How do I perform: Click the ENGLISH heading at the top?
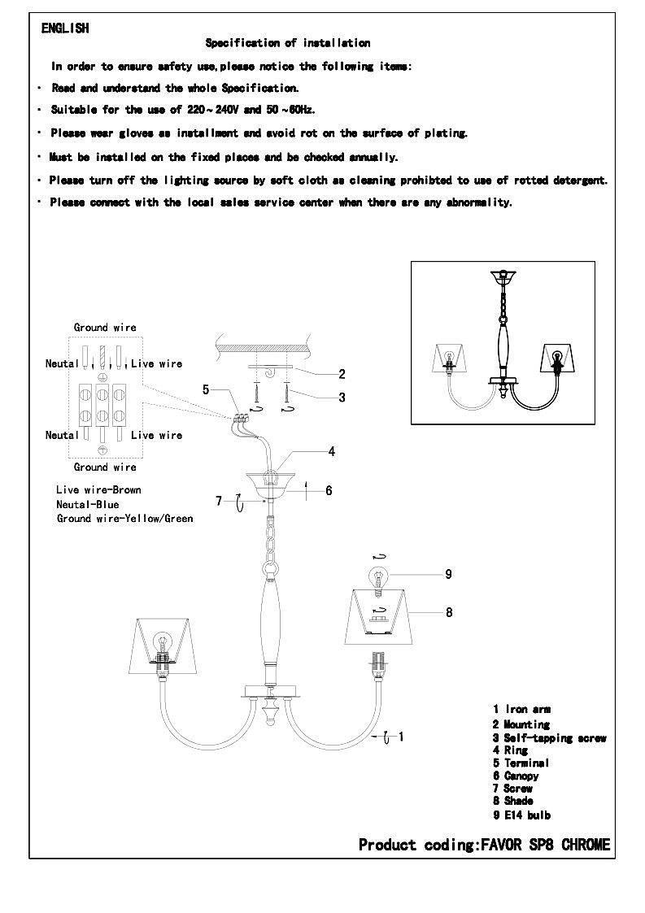coord(65,28)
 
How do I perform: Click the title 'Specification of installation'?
coord(288,43)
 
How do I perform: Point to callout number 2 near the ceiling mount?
coord(342,374)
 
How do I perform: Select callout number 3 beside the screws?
coord(342,398)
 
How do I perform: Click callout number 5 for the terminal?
coord(206,389)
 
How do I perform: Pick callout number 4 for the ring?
coord(332,451)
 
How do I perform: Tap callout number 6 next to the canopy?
coord(329,491)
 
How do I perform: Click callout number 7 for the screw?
coord(219,501)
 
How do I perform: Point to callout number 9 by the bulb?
coord(448,574)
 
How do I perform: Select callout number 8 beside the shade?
coord(449,612)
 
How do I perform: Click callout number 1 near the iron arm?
coord(401,737)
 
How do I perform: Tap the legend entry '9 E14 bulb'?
coord(522,815)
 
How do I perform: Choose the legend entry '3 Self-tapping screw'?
coord(550,738)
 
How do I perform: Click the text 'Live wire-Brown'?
coord(98,490)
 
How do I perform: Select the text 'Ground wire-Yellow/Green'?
coord(124,518)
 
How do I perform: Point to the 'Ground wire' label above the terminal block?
coord(105,328)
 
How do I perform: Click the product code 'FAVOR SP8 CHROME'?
coord(546,845)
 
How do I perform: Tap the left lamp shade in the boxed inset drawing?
coord(451,358)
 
